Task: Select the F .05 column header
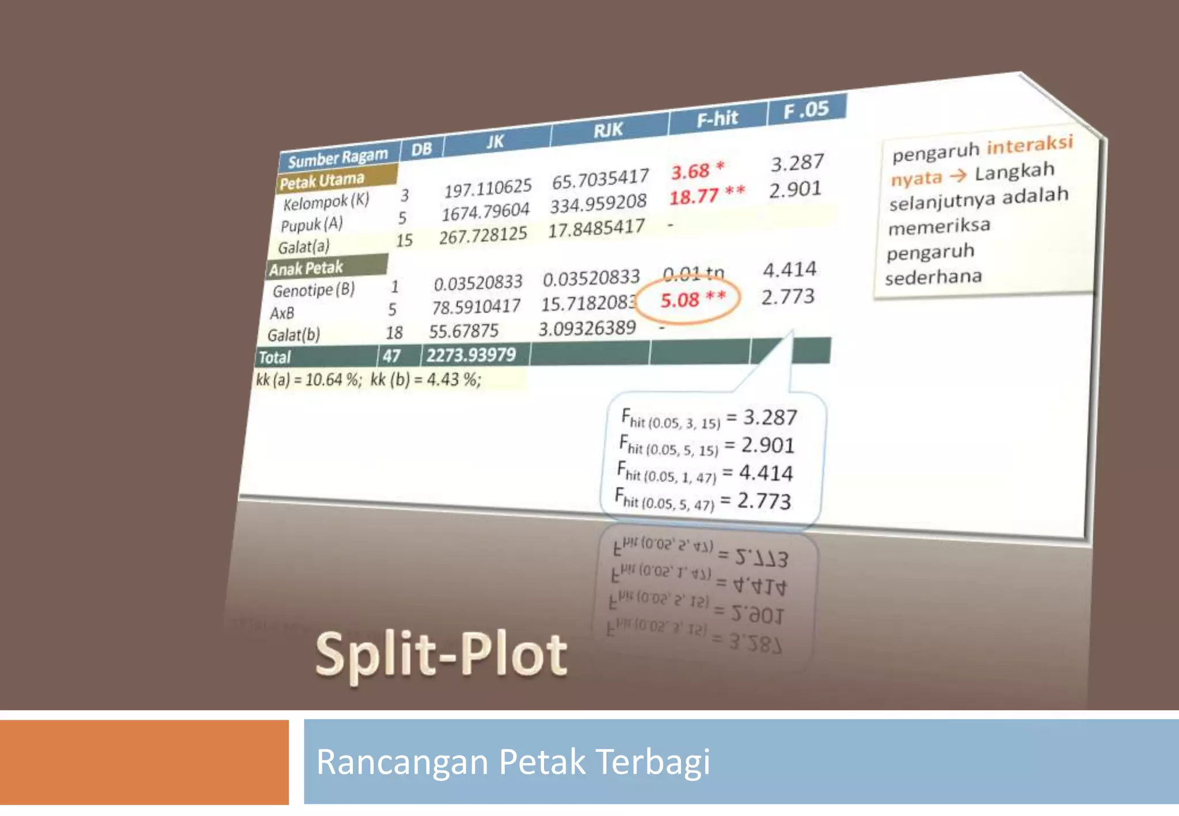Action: [x=806, y=109]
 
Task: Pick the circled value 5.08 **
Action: [x=692, y=299]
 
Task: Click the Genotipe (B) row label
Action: [x=314, y=290]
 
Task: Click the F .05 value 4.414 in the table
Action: [x=789, y=269]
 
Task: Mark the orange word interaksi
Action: [x=1030, y=145]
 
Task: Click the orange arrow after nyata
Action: [x=958, y=175]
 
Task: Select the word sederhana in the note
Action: [x=933, y=277]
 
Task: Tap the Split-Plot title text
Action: [x=442, y=654]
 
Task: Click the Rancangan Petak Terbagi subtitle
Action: [x=513, y=761]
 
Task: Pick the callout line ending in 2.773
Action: [x=703, y=500]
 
